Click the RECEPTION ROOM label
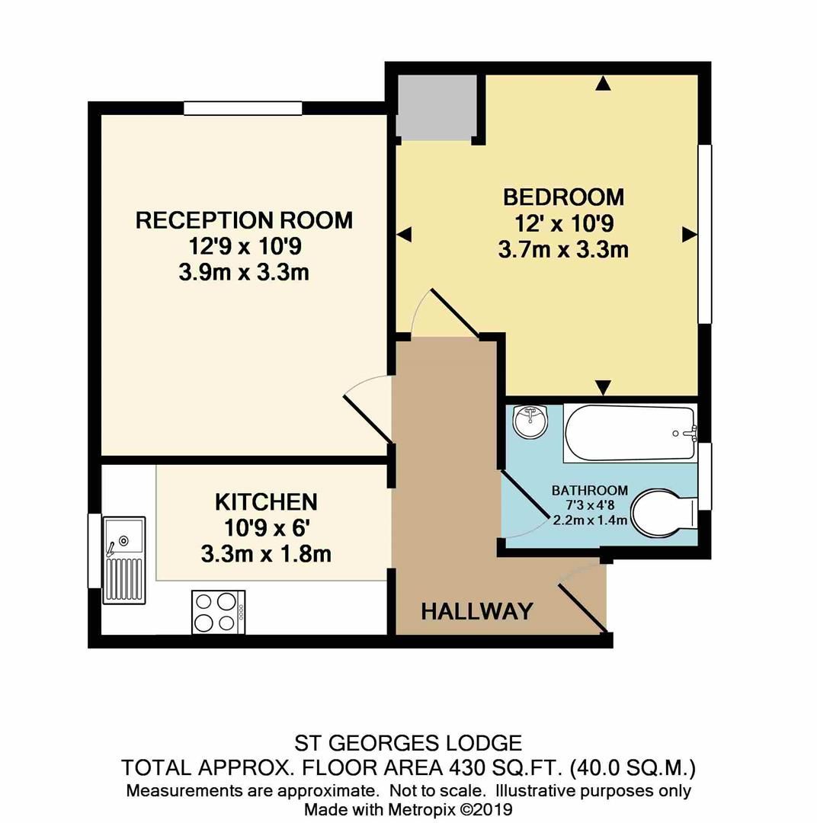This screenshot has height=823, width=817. tap(244, 221)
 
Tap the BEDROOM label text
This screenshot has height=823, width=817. tap(563, 197)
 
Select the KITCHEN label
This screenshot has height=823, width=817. tap(266, 502)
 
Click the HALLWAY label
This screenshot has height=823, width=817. tap(476, 610)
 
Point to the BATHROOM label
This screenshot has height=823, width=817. tap(590, 490)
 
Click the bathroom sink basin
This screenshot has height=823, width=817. tap(530, 421)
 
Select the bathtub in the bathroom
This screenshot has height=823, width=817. tap(630, 434)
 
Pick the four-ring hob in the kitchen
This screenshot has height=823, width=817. tap(218, 611)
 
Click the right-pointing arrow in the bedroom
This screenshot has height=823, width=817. tap(689, 235)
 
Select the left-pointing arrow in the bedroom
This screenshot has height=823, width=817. tap(404, 235)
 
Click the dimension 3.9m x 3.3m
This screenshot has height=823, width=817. tap(244, 272)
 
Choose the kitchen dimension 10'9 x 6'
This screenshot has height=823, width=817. tap(266, 528)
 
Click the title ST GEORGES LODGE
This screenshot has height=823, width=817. tap(408, 743)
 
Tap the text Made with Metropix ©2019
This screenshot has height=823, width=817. tap(408, 809)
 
